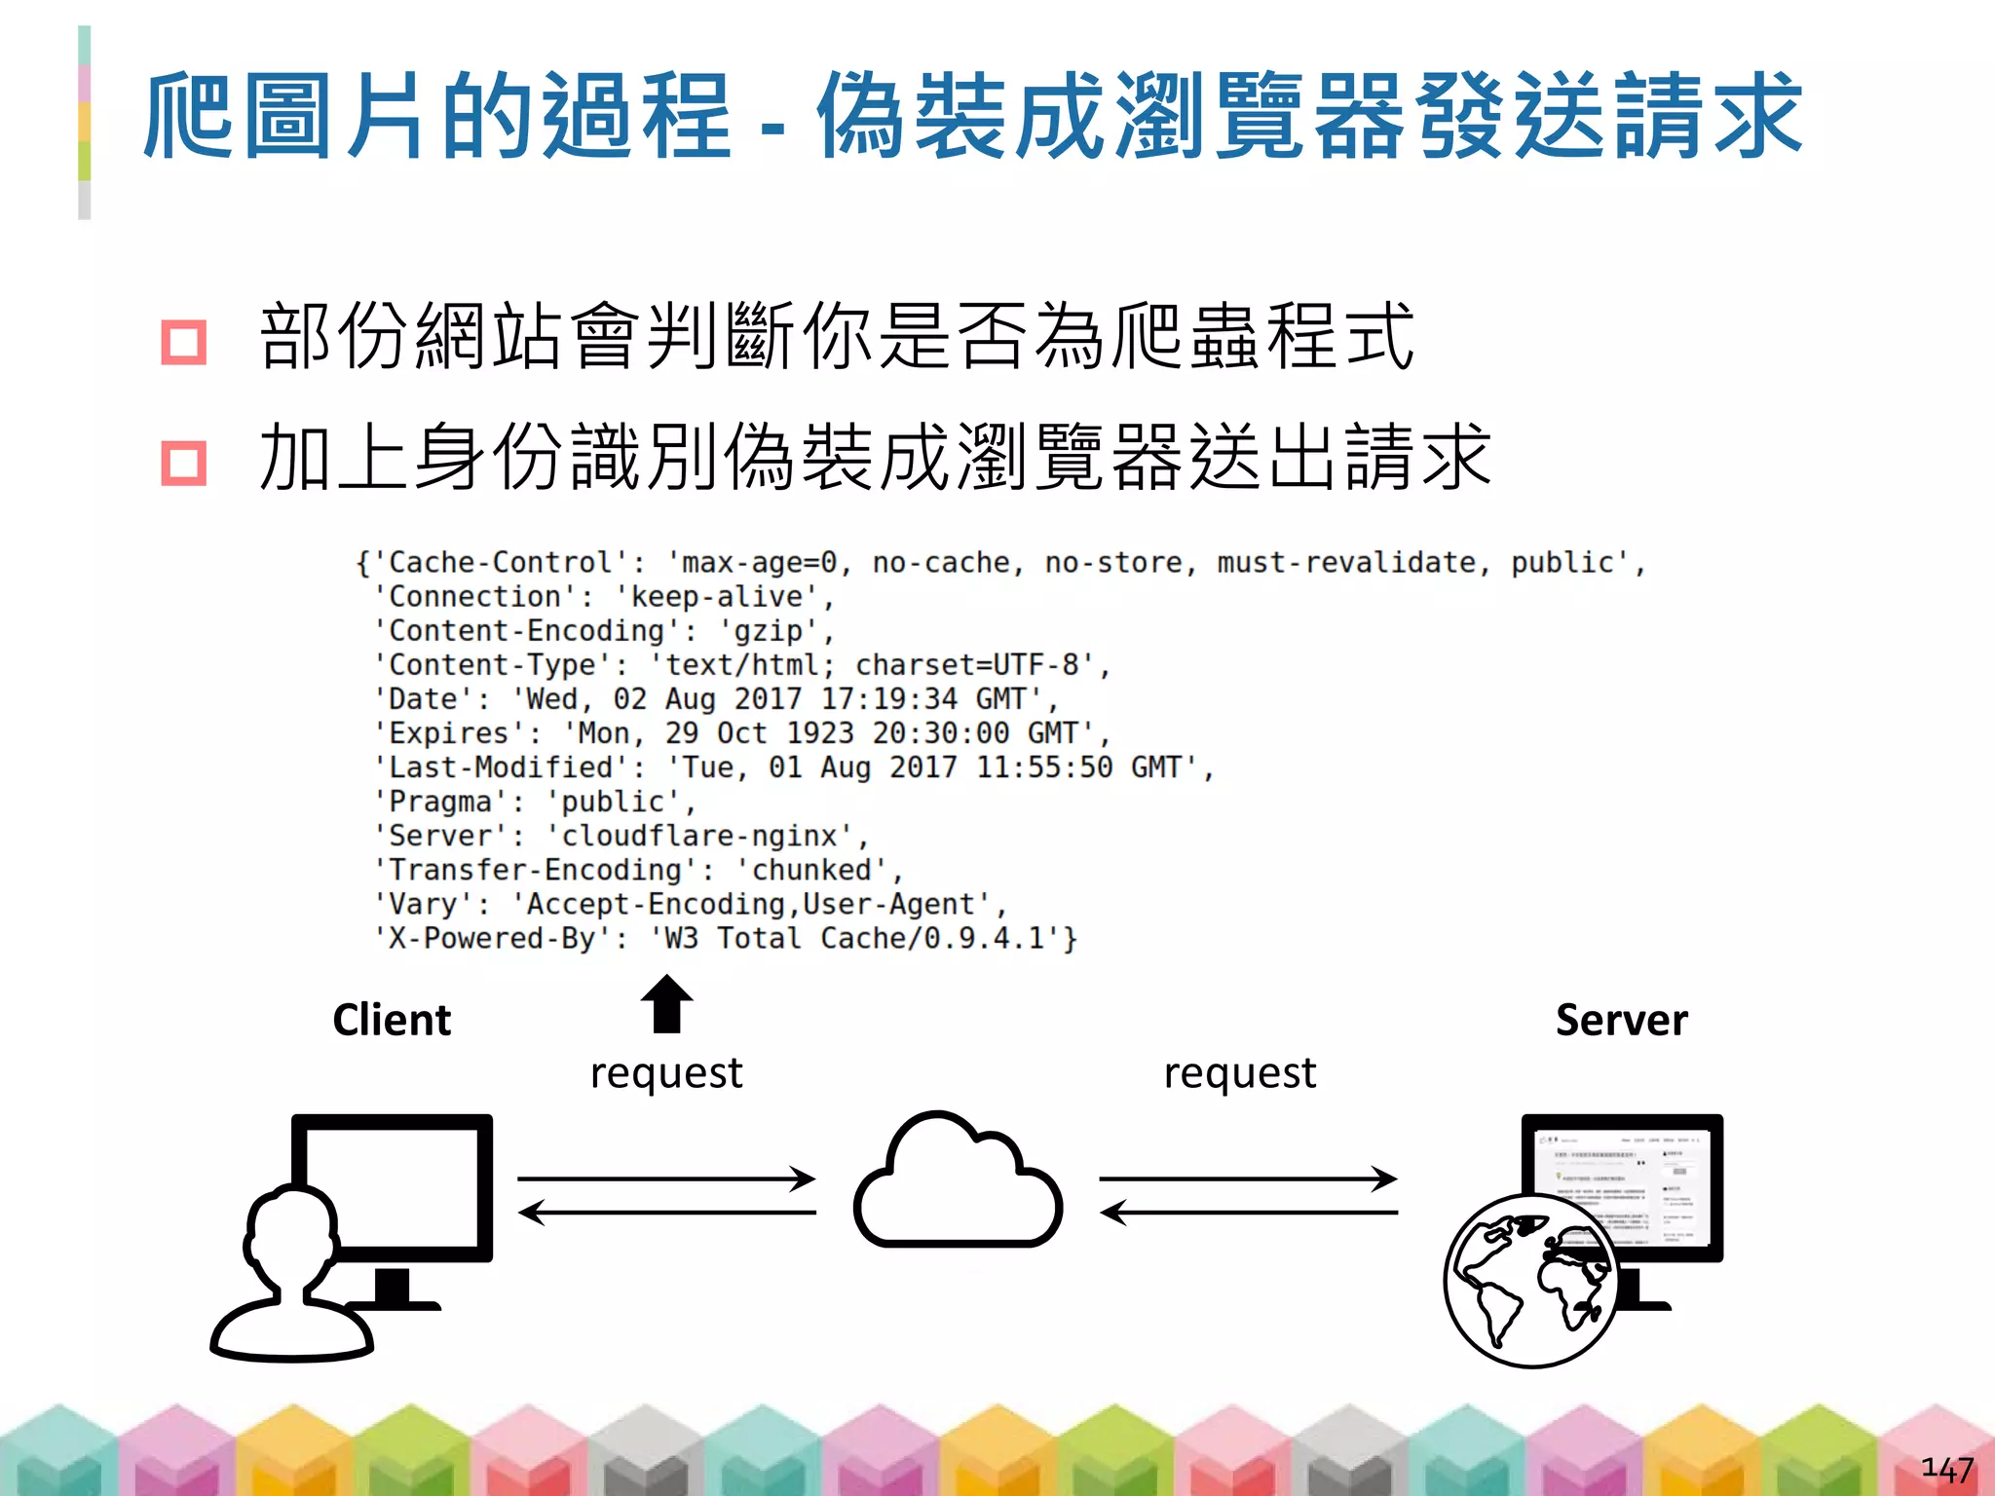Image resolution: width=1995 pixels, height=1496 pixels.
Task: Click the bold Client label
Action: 392,1020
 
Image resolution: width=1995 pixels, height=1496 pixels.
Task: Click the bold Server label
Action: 1621,1020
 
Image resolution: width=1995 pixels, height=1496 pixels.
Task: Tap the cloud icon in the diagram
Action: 958,1183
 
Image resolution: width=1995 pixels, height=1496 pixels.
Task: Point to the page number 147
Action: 1946,1469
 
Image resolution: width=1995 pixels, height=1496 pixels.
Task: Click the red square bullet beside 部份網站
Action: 184,342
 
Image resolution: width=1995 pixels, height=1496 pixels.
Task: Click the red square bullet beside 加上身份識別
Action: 184,463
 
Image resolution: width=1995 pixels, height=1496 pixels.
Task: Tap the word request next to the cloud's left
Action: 666,1072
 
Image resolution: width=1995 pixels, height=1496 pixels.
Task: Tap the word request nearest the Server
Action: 1240,1072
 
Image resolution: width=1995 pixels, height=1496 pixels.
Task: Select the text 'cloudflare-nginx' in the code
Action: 699,836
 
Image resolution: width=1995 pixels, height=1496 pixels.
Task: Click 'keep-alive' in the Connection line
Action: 717,596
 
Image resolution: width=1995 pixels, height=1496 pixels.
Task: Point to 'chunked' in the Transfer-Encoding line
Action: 810,870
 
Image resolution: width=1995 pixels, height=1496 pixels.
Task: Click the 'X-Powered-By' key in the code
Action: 492,938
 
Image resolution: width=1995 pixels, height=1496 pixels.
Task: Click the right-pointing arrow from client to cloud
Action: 666,1178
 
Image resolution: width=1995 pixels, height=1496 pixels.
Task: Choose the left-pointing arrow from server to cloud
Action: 1250,1213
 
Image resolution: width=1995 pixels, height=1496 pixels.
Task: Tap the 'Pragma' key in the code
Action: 440,802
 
